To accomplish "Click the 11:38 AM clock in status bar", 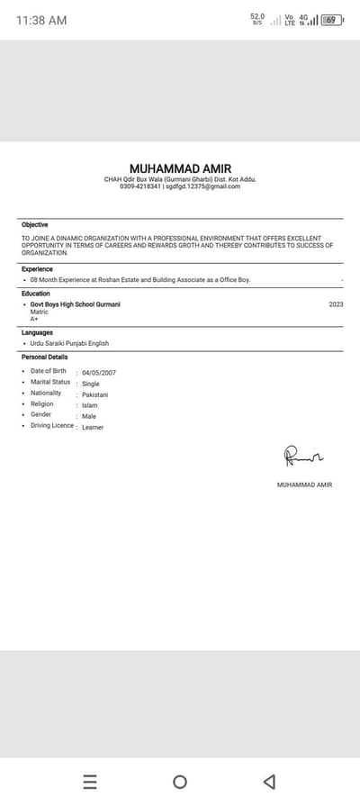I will [x=41, y=20].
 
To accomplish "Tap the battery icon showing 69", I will [x=331, y=20].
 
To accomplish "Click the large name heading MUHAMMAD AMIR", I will [x=180, y=168].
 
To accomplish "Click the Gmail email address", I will [x=202, y=186].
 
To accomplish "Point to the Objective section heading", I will [x=35, y=224].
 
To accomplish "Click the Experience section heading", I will [x=38, y=268].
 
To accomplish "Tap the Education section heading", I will [x=36, y=294].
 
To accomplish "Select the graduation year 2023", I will [x=336, y=304].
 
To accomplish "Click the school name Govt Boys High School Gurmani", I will [x=76, y=304].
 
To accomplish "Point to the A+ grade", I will [x=34, y=319].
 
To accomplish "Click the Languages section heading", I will [x=38, y=332].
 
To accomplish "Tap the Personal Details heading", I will [x=44, y=357].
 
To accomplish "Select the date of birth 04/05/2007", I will [x=98, y=372].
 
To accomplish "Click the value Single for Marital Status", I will [x=91, y=384].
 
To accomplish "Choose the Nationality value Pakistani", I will [x=94, y=394].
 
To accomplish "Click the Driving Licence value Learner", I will [x=93, y=427].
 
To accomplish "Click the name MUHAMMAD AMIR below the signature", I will [x=304, y=485].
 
